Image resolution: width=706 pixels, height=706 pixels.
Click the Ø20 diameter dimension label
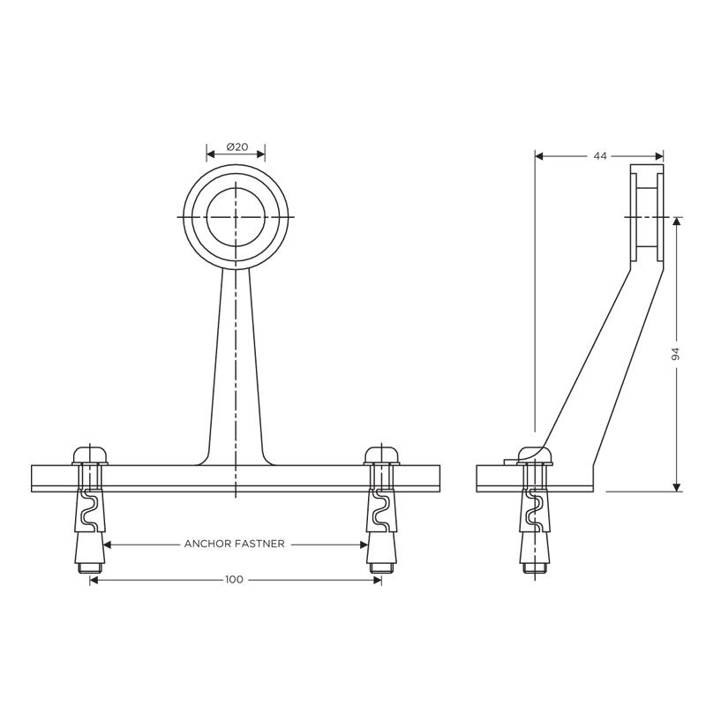(237, 146)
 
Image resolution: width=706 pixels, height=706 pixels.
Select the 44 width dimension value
(600, 156)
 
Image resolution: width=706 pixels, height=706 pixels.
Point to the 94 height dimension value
(675, 355)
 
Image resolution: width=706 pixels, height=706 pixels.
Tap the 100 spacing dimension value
(234, 580)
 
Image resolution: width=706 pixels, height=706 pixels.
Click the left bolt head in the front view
(90, 455)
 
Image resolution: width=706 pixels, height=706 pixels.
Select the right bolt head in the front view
(382, 455)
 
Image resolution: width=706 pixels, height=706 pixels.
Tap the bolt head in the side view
(535, 455)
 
